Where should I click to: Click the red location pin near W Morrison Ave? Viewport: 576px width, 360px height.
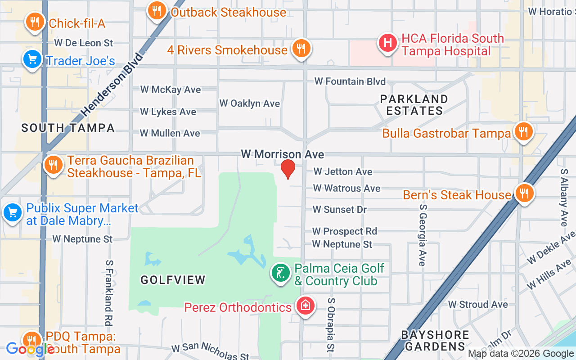[288, 169]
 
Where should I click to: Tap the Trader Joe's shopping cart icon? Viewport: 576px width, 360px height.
[32, 59]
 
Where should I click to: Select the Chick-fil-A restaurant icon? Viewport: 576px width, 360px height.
[34, 22]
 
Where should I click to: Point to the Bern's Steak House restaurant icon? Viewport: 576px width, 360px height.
[523, 193]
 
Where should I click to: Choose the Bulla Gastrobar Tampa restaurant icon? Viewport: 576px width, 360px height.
[523, 132]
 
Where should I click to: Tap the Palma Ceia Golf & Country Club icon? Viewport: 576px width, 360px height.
[281, 273]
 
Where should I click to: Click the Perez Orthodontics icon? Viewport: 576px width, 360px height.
[305, 306]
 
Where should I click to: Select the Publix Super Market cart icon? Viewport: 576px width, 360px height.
[12, 213]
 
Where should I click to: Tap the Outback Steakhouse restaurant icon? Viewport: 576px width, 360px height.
[157, 10]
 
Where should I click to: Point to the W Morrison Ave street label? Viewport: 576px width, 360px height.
[282, 154]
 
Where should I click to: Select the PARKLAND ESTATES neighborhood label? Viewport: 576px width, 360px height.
[414, 104]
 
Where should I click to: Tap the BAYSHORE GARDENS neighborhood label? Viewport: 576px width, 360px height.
[435, 341]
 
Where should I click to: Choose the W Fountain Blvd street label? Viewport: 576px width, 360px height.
[350, 81]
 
